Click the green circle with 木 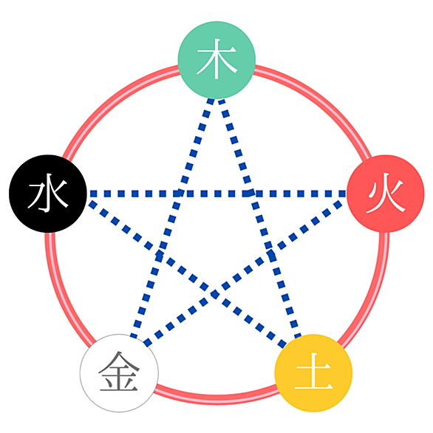coord(216,60)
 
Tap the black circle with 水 coord(48,194)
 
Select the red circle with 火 coord(386,194)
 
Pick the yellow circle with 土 coord(313,373)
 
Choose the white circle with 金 coord(119,373)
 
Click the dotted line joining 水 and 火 coord(216,194)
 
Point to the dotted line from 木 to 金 coord(171,218)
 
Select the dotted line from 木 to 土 coord(261,218)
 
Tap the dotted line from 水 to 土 coord(186,274)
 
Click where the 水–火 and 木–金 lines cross coord(180,194)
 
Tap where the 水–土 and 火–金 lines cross coord(216,294)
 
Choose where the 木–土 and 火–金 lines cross coord(270,253)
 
